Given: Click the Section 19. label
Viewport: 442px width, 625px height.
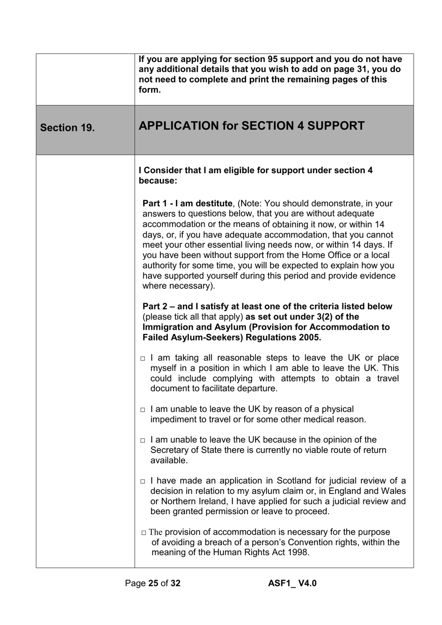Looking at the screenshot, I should (67, 128).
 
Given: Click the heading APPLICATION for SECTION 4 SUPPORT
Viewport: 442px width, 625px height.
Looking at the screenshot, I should (251, 126).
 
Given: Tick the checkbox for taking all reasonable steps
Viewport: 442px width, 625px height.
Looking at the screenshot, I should (143, 359).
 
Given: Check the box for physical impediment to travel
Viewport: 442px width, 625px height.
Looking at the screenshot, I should (143, 410).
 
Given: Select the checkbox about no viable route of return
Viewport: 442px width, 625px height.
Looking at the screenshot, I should (143, 441).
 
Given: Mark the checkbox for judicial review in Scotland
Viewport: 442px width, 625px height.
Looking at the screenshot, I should (143, 482).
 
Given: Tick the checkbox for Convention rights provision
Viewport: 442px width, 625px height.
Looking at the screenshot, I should (144, 533).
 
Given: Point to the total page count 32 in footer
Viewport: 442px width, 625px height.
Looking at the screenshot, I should (175, 583).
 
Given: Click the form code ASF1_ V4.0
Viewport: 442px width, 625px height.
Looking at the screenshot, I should (292, 583).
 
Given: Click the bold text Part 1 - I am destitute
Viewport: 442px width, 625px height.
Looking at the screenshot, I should (187, 204).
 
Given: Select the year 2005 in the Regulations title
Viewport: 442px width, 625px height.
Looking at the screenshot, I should (309, 337).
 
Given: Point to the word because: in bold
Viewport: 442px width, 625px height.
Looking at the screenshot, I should (158, 181).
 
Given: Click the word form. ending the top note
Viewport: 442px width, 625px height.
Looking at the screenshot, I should (149, 90).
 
